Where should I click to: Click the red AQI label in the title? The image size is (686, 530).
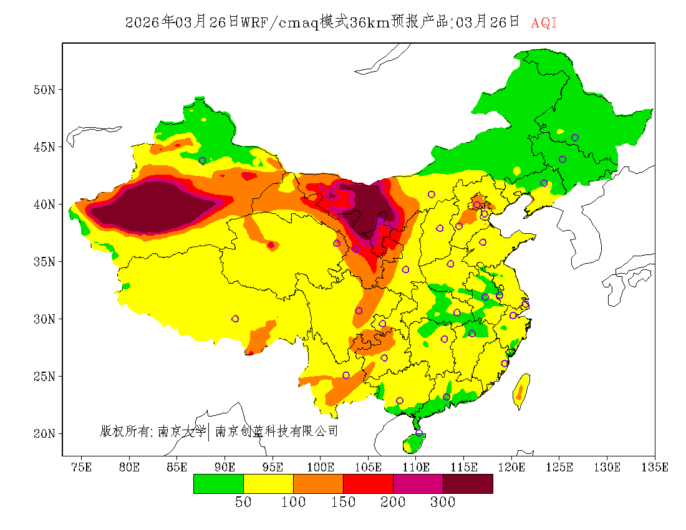point(544,23)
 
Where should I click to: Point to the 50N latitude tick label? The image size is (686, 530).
point(44,90)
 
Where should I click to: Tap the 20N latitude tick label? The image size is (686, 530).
point(44,433)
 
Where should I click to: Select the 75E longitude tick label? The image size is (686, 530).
point(82,467)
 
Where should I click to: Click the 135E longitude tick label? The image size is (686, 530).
point(655,467)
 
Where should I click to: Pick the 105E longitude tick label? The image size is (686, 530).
point(369,467)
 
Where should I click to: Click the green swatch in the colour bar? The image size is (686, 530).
point(218,484)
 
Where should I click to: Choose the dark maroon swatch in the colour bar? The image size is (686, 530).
point(468,484)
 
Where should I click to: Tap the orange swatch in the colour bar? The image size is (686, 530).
point(318,484)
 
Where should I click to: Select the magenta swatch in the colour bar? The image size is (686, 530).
point(418,484)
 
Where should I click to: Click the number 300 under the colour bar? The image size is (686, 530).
point(443,502)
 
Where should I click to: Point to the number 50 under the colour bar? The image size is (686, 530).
point(243,502)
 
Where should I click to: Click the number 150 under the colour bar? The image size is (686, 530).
point(343,502)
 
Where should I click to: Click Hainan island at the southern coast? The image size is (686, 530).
point(413,442)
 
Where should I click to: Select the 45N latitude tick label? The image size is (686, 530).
point(44,147)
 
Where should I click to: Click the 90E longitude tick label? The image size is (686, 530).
point(225,467)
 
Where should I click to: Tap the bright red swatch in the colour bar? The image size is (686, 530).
point(368,484)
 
